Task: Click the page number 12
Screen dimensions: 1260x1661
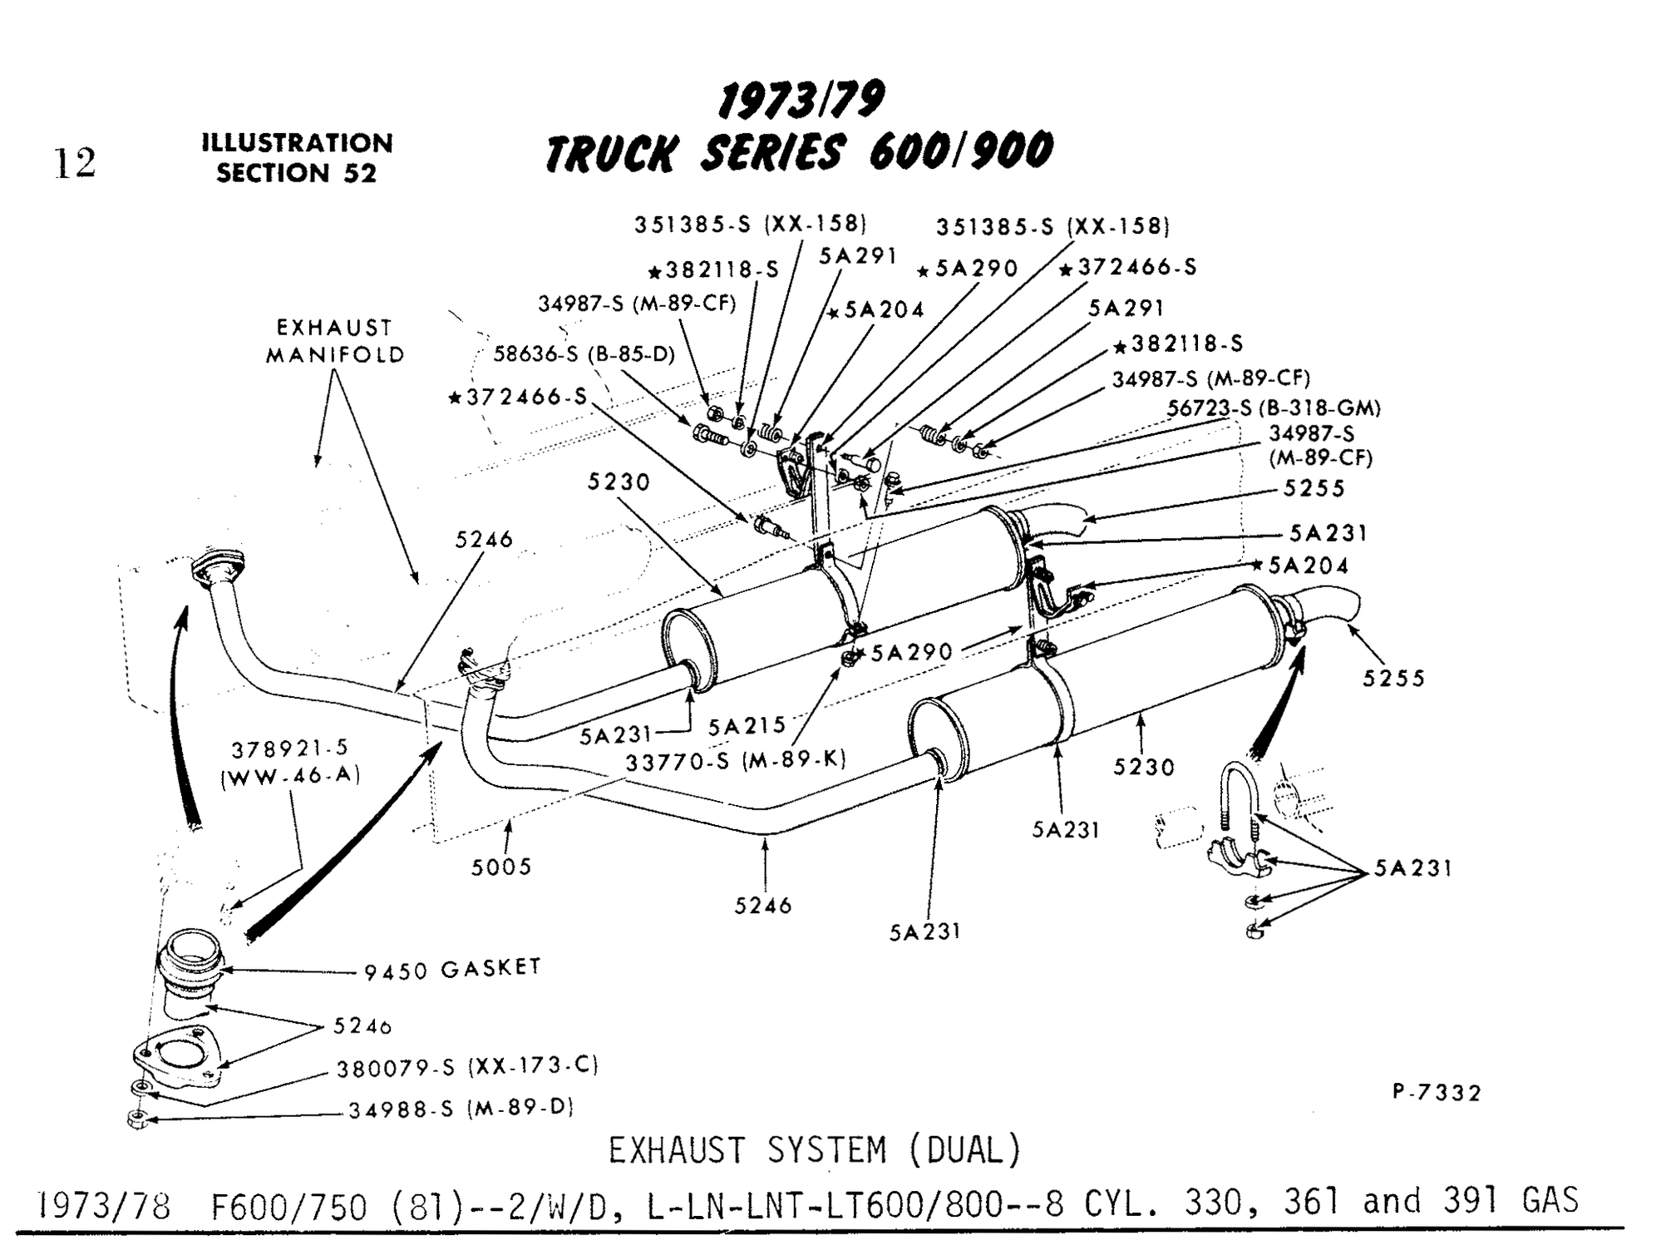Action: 75,163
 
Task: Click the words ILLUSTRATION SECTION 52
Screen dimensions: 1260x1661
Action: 297,158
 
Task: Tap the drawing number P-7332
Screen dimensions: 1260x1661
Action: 1437,1092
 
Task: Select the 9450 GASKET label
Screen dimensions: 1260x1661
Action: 453,969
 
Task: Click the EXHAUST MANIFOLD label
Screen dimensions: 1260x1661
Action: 335,341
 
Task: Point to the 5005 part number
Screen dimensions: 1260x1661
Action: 500,867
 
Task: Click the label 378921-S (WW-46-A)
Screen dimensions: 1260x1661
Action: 290,763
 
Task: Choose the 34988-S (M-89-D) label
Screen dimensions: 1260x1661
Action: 461,1109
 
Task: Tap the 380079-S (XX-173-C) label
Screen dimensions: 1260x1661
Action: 467,1067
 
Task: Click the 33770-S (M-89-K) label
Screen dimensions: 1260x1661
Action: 736,760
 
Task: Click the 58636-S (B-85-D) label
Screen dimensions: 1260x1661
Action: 584,354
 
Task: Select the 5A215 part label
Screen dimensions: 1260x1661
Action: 747,726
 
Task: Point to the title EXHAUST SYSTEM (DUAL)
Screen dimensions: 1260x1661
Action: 814,1151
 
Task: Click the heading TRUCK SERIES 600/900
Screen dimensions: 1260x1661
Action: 798,153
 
